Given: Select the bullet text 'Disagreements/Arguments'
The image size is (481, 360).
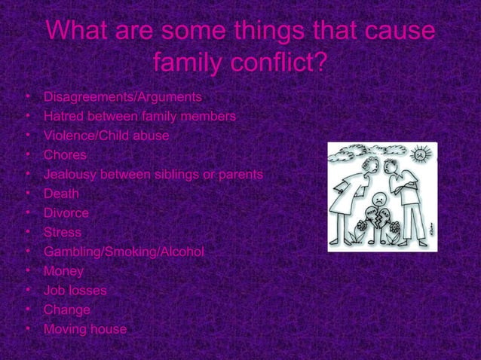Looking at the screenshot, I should click(x=122, y=97).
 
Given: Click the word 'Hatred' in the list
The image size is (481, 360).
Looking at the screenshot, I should click(x=63, y=117).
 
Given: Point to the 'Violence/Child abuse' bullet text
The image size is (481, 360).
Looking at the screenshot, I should click(x=106, y=136).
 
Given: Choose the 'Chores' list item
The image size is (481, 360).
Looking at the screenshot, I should click(x=65, y=155).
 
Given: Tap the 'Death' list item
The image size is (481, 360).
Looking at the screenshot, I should click(x=61, y=194).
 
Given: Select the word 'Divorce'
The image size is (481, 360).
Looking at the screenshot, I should click(x=66, y=213).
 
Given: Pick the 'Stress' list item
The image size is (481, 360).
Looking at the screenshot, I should click(x=63, y=233).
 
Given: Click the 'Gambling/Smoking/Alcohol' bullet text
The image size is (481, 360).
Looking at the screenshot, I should click(x=124, y=252).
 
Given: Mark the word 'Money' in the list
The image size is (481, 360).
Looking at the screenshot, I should click(x=63, y=271).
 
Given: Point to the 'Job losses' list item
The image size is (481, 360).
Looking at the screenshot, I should click(x=75, y=290).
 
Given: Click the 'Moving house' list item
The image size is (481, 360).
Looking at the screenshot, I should click(x=85, y=329).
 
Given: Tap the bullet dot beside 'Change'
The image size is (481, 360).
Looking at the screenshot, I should click(x=28, y=310).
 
